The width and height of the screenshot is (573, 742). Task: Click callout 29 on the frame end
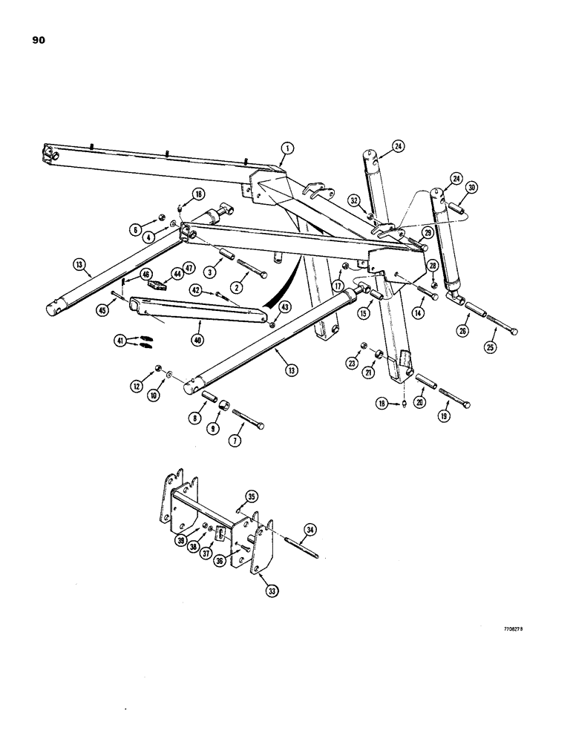click(x=427, y=233)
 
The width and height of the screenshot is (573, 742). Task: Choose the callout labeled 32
click(x=354, y=200)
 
